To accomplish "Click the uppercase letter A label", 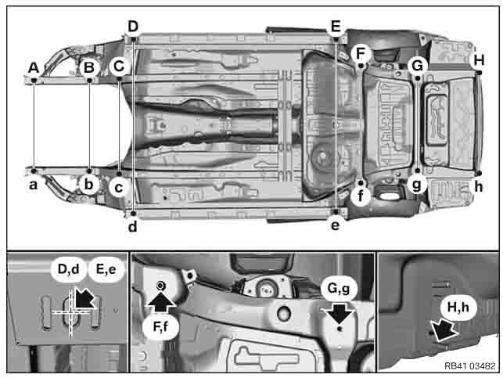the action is click(34, 68).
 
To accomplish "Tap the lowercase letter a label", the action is click(33, 185).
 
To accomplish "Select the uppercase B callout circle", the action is click(89, 67).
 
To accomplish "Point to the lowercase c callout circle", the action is click(119, 188).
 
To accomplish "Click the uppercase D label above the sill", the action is click(133, 27).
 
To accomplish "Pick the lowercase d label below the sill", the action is click(132, 226).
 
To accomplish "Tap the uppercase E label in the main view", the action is click(336, 26).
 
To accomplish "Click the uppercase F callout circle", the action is click(361, 53).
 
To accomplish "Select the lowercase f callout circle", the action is click(361, 196).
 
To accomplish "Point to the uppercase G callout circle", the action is click(418, 66).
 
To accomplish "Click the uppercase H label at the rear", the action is click(479, 60).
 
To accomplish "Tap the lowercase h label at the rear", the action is click(478, 186).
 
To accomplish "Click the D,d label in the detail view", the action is click(68, 269).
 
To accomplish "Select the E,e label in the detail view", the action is click(106, 269).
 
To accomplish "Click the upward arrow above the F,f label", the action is click(160, 301).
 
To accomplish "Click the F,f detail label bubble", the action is click(160, 326).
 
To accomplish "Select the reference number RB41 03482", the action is click(469, 365).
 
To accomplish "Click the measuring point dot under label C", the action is click(120, 78).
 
